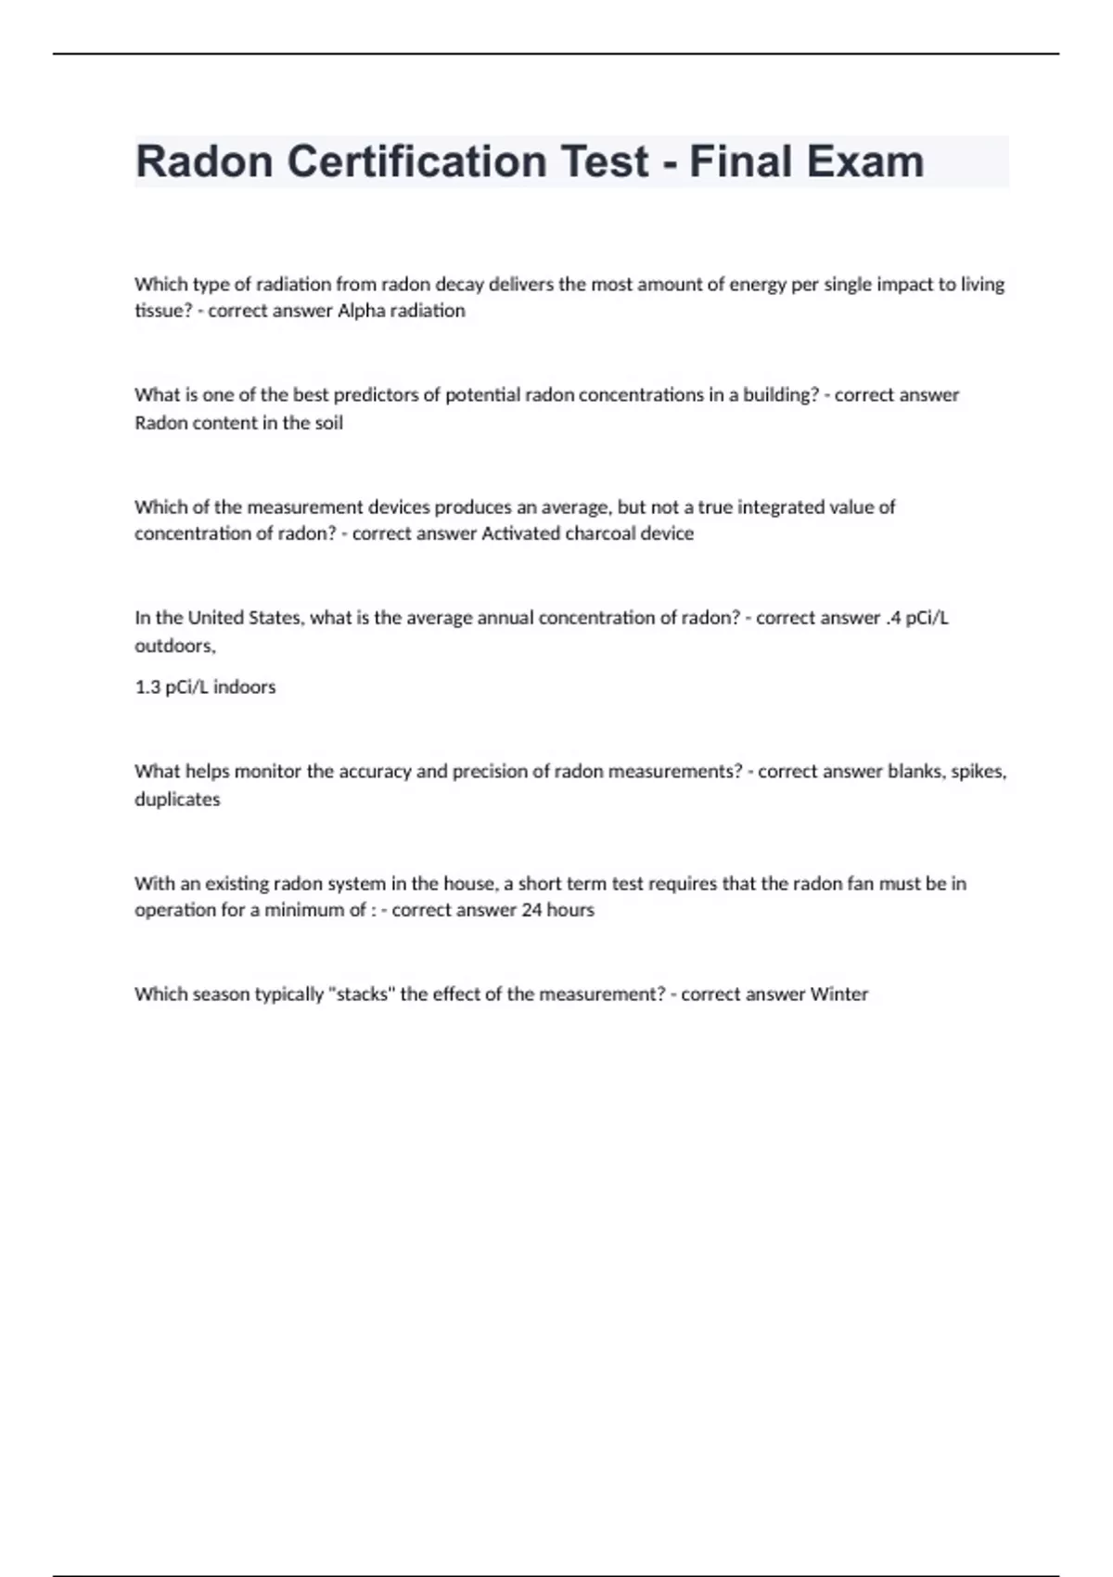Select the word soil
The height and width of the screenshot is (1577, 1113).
329,423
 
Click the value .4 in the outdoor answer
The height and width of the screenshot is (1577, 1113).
893,618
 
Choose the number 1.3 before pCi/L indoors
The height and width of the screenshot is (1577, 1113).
147,687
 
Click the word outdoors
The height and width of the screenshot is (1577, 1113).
174,646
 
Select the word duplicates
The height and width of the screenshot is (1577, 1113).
177,800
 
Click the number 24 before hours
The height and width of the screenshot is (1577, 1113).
531,910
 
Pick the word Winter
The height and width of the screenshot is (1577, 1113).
839,994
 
